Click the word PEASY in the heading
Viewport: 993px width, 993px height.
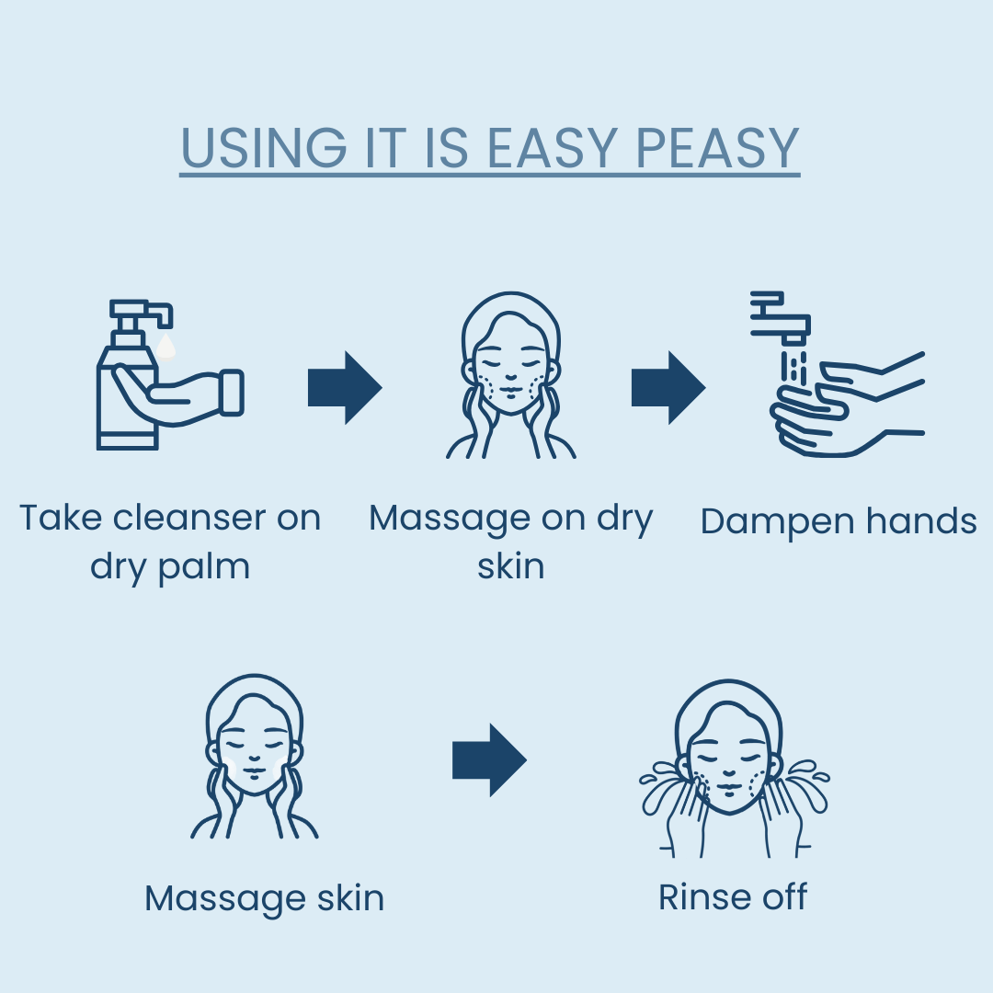pos(717,147)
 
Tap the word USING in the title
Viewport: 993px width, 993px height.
pos(264,147)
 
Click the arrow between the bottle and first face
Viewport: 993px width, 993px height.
pos(345,388)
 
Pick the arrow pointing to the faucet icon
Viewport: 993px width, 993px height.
pos(668,388)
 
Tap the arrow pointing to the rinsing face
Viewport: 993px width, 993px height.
pos(489,760)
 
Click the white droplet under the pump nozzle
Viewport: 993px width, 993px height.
pos(165,347)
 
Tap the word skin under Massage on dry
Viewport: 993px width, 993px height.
pos(511,566)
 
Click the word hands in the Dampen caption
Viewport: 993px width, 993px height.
pos(921,521)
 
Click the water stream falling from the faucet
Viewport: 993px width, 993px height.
pos(793,366)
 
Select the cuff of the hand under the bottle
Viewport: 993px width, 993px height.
pos(231,393)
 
